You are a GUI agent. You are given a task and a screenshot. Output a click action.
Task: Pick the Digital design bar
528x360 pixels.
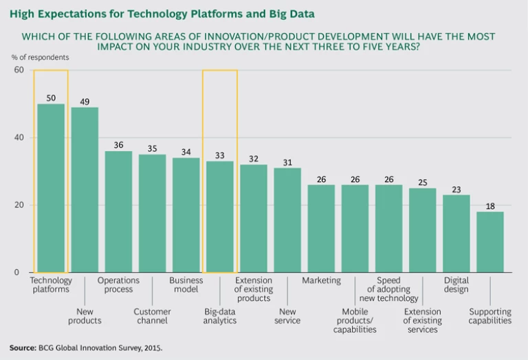[x=456, y=234]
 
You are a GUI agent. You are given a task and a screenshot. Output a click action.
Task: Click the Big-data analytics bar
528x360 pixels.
[x=220, y=216]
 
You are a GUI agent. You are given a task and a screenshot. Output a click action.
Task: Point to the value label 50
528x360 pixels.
[x=51, y=98]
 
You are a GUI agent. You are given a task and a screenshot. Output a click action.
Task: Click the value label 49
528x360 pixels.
[x=85, y=101]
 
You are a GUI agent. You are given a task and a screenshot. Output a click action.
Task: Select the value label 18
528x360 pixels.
[x=490, y=205]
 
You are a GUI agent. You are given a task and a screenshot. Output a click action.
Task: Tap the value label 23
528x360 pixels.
[x=456, y=189]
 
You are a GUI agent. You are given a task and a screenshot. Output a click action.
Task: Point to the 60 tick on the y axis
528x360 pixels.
[x=19, y=70]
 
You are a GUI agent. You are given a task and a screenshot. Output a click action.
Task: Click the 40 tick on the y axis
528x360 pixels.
[x=19, y=137]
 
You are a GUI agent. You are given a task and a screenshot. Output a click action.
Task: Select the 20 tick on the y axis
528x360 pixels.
[x=19, y=205]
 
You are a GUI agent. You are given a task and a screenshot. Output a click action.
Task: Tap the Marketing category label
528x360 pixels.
[x=321, y=280]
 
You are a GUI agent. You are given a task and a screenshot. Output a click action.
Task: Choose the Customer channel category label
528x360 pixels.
[x=152, y=315]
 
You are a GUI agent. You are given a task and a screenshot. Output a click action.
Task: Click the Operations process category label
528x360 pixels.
[x=118, y=285]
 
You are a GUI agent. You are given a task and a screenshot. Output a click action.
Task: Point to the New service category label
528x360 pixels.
[x=287, y=315]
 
